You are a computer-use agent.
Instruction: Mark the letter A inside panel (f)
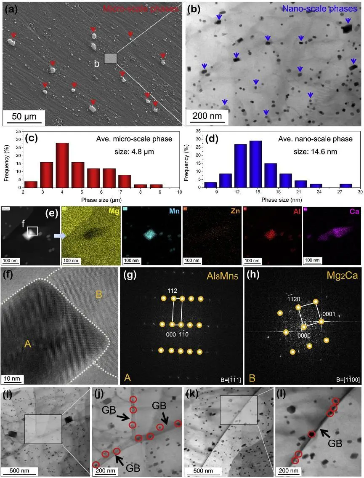(28, 344)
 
